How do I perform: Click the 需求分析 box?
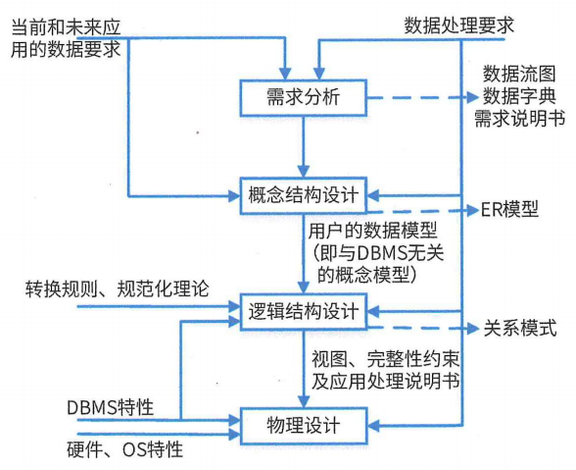click(304, 98)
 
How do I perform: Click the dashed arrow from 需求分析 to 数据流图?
click(421, 98)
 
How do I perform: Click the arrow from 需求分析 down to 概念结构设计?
click(304, 147)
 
